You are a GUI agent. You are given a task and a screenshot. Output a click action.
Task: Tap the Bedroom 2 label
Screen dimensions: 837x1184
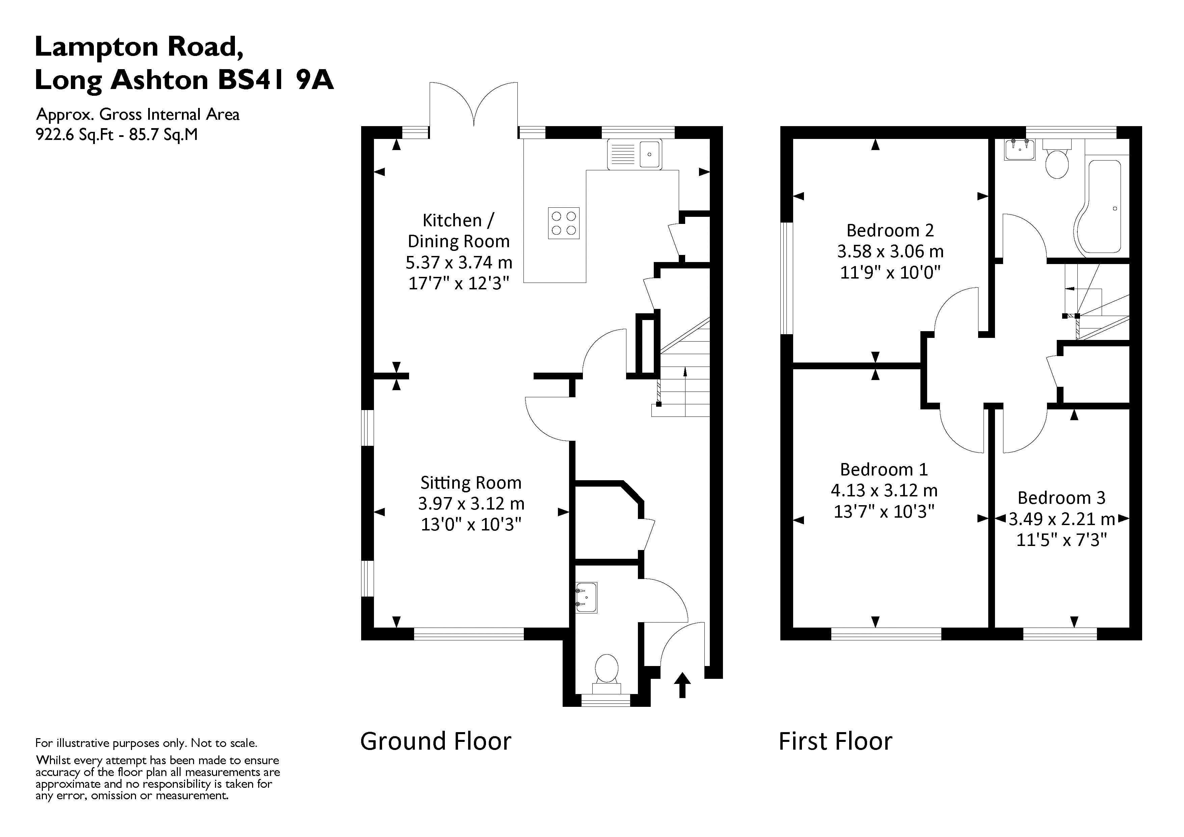pyautogui.click(x=890, y=230)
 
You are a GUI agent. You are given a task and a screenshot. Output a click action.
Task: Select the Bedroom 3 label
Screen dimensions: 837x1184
pyautogui.click(x=1061, y=497)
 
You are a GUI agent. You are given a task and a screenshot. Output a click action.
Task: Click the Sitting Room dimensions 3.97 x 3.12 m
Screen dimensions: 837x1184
pyautogui.click(x=471, y=503)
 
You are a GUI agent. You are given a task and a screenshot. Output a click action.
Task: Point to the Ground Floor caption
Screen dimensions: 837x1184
pyautogui.click(x=435, y=742)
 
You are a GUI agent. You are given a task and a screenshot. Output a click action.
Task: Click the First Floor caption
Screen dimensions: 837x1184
pyautogui.click(x=835, y=742)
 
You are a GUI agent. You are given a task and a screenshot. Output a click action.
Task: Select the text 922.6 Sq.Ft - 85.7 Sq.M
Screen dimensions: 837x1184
pyautogui.click(x=116, y=135)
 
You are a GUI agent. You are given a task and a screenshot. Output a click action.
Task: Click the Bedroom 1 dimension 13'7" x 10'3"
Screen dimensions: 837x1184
pyautogui.click(x=884, y=511)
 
